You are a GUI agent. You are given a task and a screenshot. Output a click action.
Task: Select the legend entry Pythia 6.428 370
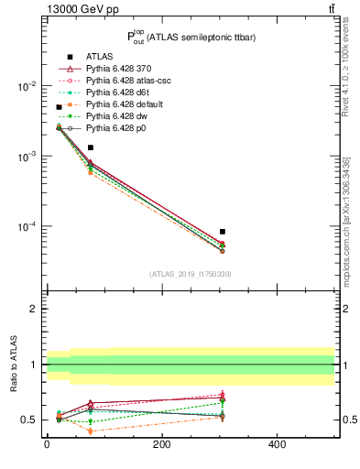117,69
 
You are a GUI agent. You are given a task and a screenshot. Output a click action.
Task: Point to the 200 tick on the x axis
161,444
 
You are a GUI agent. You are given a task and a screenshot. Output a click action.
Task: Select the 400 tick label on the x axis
277,444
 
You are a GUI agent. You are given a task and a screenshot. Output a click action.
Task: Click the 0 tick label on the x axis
47,444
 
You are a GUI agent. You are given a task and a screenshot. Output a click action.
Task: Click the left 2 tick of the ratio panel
33,309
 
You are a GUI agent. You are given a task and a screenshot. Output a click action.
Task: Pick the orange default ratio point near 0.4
90,431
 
